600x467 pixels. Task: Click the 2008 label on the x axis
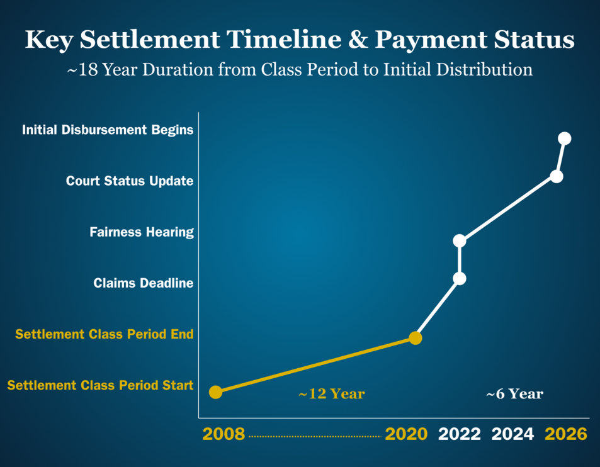(224, 434)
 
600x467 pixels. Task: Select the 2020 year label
(406, 434)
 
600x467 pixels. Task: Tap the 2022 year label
(460, 434)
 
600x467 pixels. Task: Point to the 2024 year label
(512, 434)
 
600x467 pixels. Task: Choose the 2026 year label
(565, 434)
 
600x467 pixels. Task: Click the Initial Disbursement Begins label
(108, 130)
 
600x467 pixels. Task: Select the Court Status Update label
(130, 181)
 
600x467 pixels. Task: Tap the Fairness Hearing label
(142, 232)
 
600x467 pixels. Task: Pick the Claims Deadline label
(144, 283)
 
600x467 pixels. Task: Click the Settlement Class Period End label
(105, 334)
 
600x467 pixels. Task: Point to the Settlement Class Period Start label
(100, 385)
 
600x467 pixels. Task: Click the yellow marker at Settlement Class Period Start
(215, 392)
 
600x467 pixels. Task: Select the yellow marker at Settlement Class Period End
(415, 338)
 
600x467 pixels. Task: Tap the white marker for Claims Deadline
(460, 278)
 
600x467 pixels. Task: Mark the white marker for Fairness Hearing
(460, 240)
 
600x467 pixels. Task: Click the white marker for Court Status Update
(556, 176)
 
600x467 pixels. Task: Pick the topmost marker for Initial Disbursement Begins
(565, 138)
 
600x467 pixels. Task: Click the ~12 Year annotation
(332, 394)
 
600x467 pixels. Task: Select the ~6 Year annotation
(514, 394)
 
